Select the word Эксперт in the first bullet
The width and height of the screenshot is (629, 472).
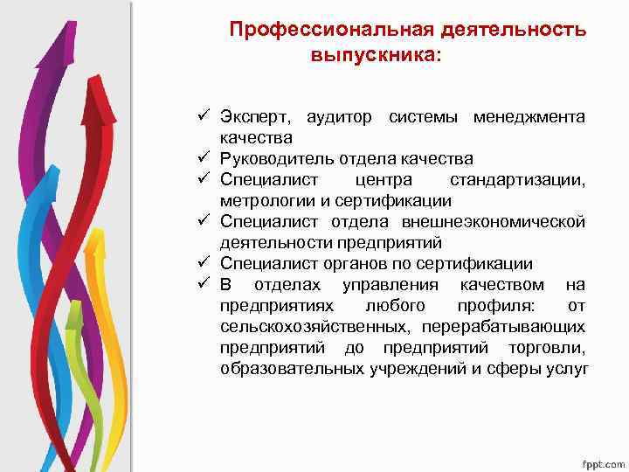coord(252,117)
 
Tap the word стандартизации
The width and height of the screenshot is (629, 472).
coord(517,180)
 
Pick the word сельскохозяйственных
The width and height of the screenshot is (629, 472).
coord(315,327)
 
